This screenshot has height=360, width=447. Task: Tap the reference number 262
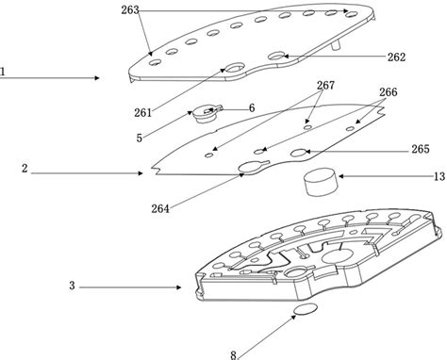(396, 57)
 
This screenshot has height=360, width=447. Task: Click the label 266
(387, 93)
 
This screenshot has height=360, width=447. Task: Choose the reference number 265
(421, 149)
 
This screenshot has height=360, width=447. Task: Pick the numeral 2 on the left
(25, 172)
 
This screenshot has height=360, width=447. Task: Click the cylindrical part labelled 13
(319, 181)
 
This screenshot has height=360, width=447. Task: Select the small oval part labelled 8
(306, 311)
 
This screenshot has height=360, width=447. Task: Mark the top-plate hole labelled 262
(279, 57)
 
